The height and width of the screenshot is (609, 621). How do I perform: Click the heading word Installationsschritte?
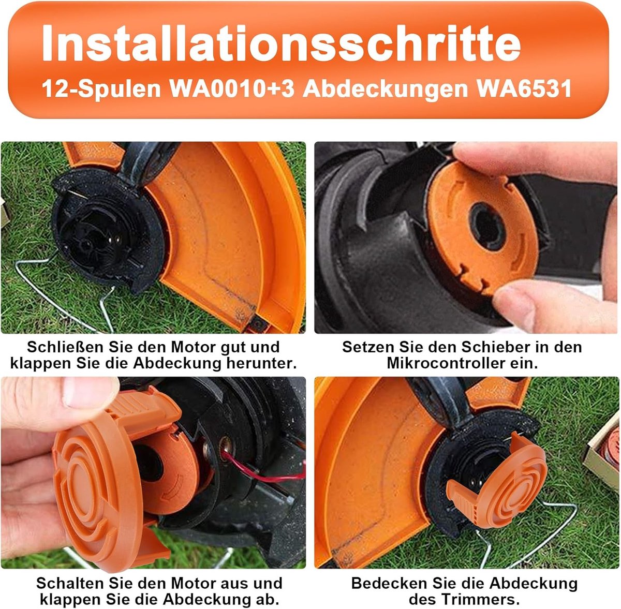tap(280, 42)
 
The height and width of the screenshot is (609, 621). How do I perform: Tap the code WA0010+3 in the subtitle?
tap(232, 88)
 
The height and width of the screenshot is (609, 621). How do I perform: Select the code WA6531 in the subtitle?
tap(524, 88)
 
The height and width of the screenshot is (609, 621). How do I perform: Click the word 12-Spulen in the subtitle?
tap(101, 89)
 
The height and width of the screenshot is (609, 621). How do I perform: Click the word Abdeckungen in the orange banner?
tap(385, 90)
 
